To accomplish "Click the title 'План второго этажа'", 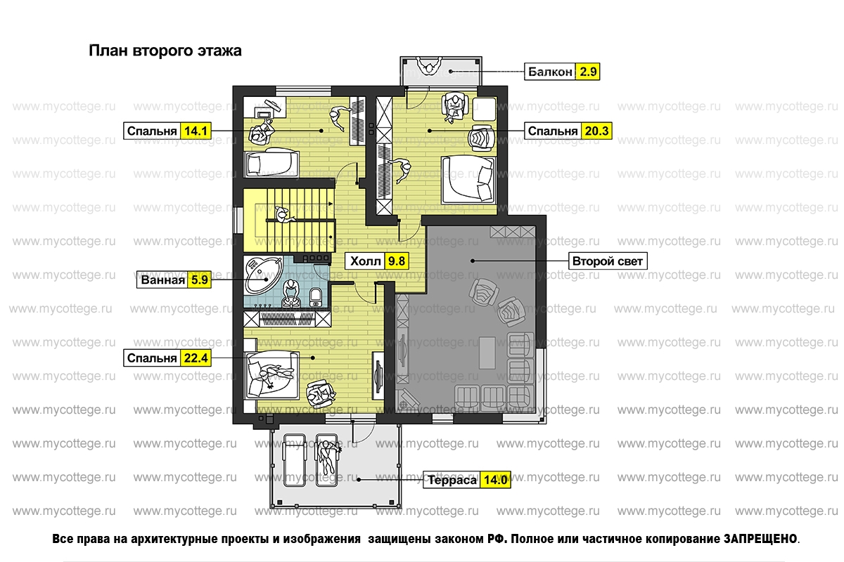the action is point(165,51).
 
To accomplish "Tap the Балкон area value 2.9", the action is point(588,72).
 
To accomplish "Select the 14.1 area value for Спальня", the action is point(196,131).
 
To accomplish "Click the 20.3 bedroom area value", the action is point(596,131).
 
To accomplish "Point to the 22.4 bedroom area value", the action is point(196,358).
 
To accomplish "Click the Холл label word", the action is point(365,261).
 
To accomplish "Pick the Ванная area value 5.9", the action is point(199,280).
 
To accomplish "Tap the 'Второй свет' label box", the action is point(608,261).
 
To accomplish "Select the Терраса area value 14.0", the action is point(495,480).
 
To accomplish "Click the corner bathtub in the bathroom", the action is point(262,275).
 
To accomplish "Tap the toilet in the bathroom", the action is point(315,297).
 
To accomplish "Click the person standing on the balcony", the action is point(429,67).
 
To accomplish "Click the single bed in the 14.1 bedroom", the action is point(271,163).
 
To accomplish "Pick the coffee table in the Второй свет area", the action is point(487,353).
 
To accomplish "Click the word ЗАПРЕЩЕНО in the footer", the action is point(760,539).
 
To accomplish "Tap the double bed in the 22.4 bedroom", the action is point(271,375).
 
